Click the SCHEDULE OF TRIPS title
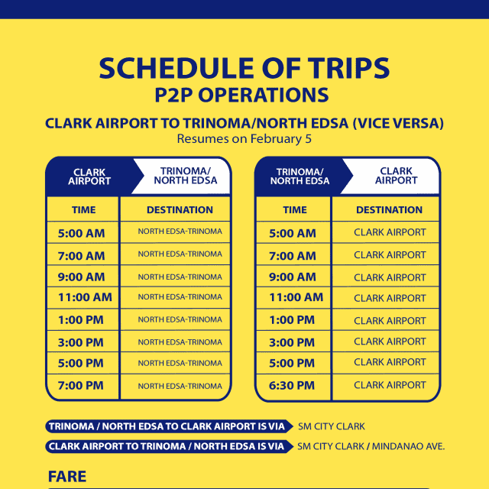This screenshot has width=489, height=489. tap(244, 69)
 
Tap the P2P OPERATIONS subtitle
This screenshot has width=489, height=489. tap(244, 95)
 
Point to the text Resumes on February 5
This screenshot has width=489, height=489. tap(244, 139)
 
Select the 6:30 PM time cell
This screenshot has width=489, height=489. tap(292, 386)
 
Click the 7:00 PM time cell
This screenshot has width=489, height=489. tap(81, 386)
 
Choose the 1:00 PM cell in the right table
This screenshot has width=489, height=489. tap(292, 320)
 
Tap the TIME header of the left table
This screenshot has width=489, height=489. tap(83, 209)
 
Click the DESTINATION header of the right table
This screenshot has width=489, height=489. tap(389, 209)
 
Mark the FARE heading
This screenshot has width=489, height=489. tap(67, 477)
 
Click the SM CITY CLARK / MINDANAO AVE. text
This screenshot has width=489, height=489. tap(371, 446)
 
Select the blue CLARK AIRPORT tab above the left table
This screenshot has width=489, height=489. tap(89, 176)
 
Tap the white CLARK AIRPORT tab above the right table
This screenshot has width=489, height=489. tap(396, 176)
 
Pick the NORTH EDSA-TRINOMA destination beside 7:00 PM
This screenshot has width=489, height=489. tap(180, 387)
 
